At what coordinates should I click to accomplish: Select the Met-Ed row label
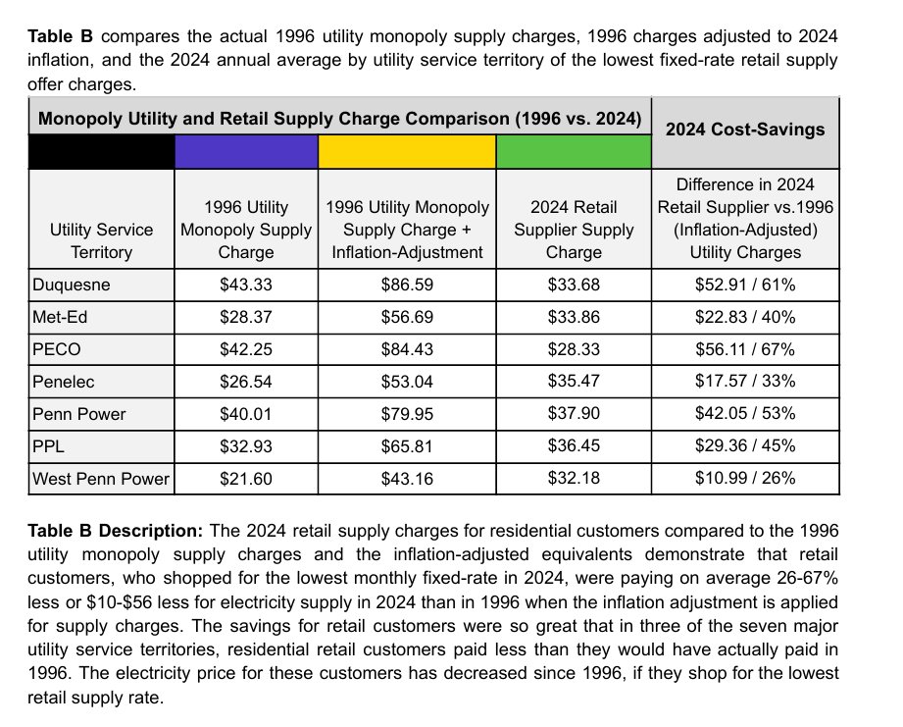click(x=59, y=317)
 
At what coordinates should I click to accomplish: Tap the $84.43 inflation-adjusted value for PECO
click(x=407, y=349)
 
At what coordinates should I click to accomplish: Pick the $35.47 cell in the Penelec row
click(x=574, y=382)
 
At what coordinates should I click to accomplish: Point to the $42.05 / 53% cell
click(x=744, y=414)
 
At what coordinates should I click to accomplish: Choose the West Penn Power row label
click(x=101, y=479)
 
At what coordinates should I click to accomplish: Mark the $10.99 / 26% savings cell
click(x=744, y=479)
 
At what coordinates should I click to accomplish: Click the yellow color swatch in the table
click(x=407, y=151)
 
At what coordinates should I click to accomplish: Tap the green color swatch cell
click(x=574, y=151)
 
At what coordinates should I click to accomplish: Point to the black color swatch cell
click(x=101, y=151)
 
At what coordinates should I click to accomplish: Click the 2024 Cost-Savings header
click(x=744, y=130)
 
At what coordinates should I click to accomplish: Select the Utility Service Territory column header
click(x=101, y=240)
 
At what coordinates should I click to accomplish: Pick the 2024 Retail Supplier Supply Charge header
click(x=574, y=230)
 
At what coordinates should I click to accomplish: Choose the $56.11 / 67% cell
click(x=744, y=349)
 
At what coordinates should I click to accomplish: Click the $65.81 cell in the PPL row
click(x=407, y=446)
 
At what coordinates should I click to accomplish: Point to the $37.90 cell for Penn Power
click(x=574, y=414)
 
